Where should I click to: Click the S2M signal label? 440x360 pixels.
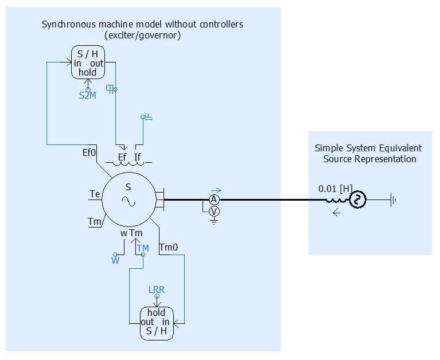point(88,96)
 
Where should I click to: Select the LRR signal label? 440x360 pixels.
point(157,289)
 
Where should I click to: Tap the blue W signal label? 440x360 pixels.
point(115,260)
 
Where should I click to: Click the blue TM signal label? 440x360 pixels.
point(143,248)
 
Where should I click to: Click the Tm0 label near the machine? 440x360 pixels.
point(169,248)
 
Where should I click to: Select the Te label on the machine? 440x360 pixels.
point(95,194)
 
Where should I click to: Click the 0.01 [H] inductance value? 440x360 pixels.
point(335,188)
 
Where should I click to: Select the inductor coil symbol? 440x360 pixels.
point(336,200)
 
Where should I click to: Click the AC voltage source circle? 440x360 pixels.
point(358,200)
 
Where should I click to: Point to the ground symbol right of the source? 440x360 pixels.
point(393,200)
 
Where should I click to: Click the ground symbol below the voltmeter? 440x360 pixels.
point(214,221)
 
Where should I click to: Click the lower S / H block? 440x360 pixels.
point(157,322)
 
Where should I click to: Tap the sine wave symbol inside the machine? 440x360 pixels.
point(128,201)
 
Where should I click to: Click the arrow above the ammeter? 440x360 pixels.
point(216,191)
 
